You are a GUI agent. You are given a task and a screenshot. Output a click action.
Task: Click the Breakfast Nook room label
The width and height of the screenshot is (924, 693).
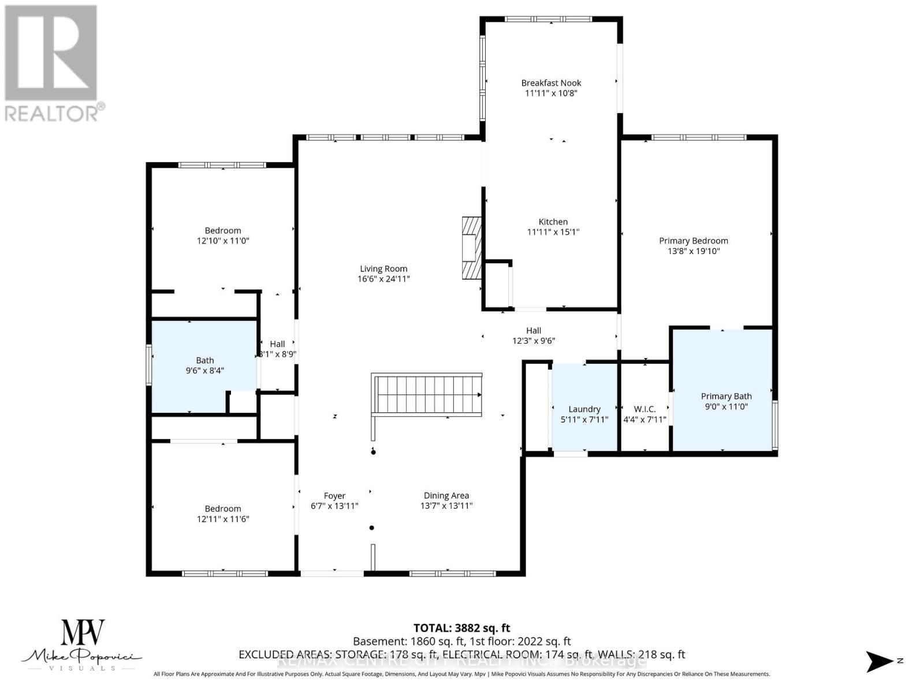tap(551, 83)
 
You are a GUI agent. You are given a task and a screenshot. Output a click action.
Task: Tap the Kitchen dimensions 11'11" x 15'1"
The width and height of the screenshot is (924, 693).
tap(553, 232)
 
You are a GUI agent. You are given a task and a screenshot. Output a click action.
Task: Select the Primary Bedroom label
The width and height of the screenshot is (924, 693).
tap(693, 241)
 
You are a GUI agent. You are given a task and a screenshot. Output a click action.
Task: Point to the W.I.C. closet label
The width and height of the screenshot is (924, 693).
tap(644, 409)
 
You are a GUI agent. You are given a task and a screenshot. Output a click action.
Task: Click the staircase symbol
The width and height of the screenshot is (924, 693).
tap(427, 394)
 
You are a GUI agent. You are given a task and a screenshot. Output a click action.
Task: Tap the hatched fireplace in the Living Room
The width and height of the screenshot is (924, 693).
tap(471, 248)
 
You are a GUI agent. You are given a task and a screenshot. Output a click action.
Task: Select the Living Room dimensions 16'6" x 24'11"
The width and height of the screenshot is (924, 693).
tap(383, 279)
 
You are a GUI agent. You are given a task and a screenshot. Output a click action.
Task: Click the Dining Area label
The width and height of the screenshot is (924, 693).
tap(446, 495)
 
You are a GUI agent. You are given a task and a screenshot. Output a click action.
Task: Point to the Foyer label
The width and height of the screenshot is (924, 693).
tap(334, 495)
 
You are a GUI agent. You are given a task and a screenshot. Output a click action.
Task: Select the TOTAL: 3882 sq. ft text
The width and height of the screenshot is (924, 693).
tap(461, 628)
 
